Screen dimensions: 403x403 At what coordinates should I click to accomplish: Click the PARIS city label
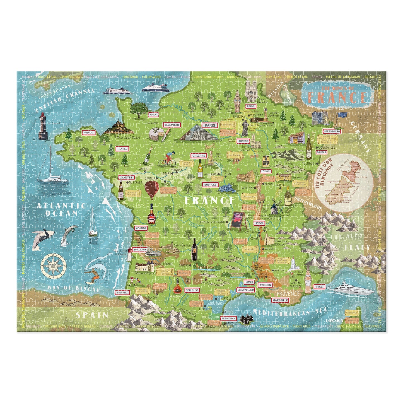[x=210, y=125]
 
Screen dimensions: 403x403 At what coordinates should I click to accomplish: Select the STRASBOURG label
[x=332, y=131]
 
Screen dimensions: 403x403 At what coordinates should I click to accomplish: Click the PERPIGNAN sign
[x=229, y=318]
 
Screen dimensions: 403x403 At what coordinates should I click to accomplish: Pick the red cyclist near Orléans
[x=168, y=158]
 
